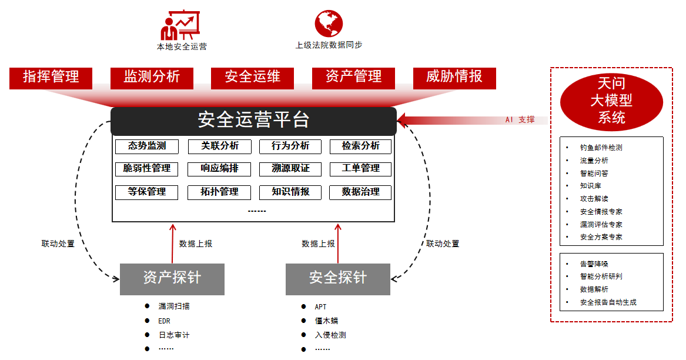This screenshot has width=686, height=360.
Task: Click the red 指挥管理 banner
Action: pyautogui.click(x=51, y=77)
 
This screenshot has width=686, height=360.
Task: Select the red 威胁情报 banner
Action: pyautogui.click(x=454, y=77)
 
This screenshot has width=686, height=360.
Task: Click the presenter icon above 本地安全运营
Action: pyautogui.click(x=180, y=24)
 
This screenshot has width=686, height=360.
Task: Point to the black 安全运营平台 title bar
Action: pyautogui.click(x=253, y=121)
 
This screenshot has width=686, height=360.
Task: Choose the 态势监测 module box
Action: pyautogui.click(x=147, y=146)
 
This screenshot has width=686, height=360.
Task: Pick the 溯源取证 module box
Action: pyautogui.click(x=290, y=169)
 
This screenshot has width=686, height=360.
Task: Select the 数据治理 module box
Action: pyautogui.click(x=360, y=192)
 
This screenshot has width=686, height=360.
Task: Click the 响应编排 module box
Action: pyautogui.click(x=219, y=169)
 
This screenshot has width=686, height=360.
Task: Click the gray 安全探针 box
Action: pyautogui.click(x=337, y=278)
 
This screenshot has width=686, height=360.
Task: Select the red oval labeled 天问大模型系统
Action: pyautogui.click(x=611, y=101)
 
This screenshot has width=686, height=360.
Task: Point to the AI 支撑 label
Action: pyautogui.click(x=520, y=120)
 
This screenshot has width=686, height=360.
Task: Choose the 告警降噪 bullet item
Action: pyautogui.click(x=594, y=264)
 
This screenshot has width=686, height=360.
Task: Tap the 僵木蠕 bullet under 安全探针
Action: pyautogui.click(x=326, y=321)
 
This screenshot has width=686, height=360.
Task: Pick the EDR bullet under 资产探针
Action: pyautogui.click(x=164, y=321)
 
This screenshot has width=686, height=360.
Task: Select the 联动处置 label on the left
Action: pyautogui.click(x=58, y=244)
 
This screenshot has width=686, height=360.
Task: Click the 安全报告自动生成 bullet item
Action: pyautogui.click(x=608, y=302)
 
